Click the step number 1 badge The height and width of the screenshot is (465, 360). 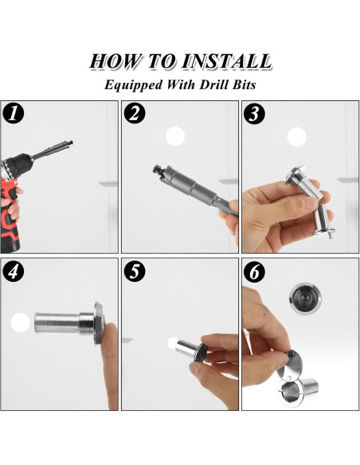pos(13,113)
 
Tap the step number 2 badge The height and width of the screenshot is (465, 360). pos(135,113)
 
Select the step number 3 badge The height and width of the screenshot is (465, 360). pos(254,114)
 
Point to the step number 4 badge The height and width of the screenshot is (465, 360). pos(13,272)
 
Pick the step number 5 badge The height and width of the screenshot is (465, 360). pos(135,272)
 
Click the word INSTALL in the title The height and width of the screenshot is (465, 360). pos(226,61)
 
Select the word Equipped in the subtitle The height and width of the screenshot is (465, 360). pos(134,85)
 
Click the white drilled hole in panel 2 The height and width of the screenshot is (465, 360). pos(175,136)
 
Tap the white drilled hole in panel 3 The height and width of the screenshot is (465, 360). pos(296,137)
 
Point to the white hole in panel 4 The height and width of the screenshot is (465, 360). pos(20,322)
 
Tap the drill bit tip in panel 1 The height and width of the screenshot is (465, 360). pos(70,143)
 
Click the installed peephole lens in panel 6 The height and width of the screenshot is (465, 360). pos(302,299)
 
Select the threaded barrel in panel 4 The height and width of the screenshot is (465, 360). pos(57,322)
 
